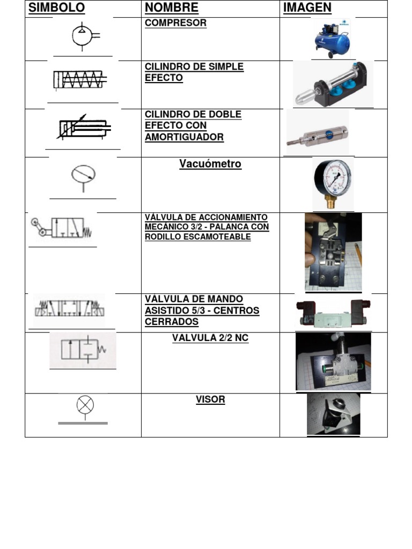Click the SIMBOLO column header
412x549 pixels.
[x=56, y=8]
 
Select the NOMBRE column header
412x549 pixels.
[x=171, y=8]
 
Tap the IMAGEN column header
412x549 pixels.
[x=307, y=8]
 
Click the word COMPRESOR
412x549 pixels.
[x=175, y=23]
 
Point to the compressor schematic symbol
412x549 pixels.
[x=85, y=36]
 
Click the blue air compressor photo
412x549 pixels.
[x=332, y=39]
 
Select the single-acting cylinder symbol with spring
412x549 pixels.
[x=80, y=80]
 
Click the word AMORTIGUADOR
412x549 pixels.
[x=185, y=137]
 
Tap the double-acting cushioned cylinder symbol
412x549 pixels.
[x=84, y=127]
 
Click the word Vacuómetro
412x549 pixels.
[x=210, y=164]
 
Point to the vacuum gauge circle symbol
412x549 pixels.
[x=83, y=174]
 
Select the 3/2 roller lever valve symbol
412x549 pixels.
[x=61, y=227]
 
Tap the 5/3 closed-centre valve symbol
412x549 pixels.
[x=69, y=308]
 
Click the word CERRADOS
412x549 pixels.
[x=172, y=322]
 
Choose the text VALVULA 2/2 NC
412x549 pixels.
[x=210, y=338]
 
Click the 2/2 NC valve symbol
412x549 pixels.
[x=83, y=349]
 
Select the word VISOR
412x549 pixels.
[x=210, y=399]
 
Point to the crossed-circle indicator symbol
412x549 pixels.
[x=85, y=405]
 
